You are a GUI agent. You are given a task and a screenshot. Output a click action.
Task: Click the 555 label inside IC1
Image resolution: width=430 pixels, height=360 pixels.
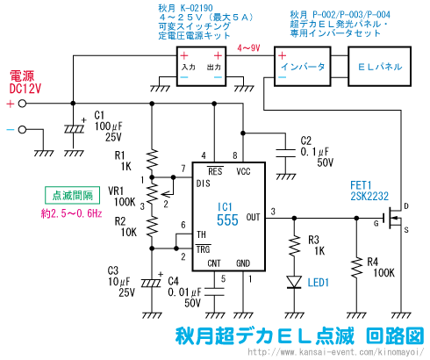227,220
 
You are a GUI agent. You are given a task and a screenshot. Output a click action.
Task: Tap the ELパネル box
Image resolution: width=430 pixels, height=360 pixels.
379,66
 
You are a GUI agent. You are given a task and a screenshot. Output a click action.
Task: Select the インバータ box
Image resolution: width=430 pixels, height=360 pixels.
303,66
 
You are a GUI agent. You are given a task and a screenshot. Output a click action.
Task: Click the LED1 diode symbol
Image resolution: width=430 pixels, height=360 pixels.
294,282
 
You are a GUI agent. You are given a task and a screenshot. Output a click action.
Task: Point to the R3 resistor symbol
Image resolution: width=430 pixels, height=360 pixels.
294,246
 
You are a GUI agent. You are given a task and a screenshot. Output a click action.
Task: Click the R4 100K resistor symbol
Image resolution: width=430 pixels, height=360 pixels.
356,268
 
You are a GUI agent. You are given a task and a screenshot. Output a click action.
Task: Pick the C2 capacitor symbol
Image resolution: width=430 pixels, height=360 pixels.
286,154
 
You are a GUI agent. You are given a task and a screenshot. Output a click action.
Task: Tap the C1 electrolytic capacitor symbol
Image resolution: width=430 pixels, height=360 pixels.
74,129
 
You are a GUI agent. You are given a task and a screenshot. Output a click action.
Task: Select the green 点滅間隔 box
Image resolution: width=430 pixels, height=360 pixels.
73,195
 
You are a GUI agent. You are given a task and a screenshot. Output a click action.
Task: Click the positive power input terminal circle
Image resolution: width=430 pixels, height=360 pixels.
22,104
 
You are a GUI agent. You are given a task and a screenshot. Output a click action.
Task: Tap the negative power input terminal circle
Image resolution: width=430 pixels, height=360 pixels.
22,129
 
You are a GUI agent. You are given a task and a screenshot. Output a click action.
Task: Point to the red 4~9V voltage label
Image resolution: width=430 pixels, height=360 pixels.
248,48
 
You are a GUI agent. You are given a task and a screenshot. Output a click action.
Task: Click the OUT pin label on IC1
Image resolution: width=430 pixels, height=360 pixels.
253,217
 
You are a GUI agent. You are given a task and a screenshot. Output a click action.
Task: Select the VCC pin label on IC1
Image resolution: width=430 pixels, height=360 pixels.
243,171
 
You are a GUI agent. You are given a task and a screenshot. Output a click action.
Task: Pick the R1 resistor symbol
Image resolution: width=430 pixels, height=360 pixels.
152,160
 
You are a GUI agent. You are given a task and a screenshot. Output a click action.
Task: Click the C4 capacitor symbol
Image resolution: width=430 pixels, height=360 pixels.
214,292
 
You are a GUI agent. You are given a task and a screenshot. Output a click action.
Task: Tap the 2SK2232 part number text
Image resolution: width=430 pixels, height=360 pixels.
369,196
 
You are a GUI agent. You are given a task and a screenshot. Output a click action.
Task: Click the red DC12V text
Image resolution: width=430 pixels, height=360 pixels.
25,89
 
